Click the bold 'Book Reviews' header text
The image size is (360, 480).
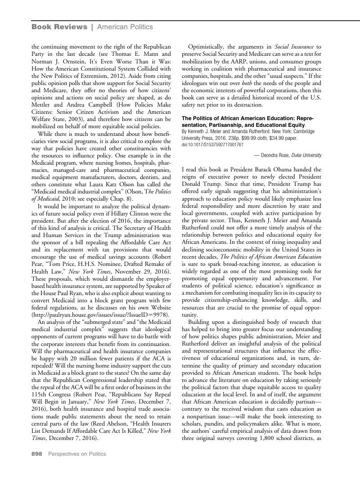pos(59,27)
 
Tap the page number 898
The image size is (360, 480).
pos(36,454)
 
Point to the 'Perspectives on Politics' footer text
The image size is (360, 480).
pos(77,454)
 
